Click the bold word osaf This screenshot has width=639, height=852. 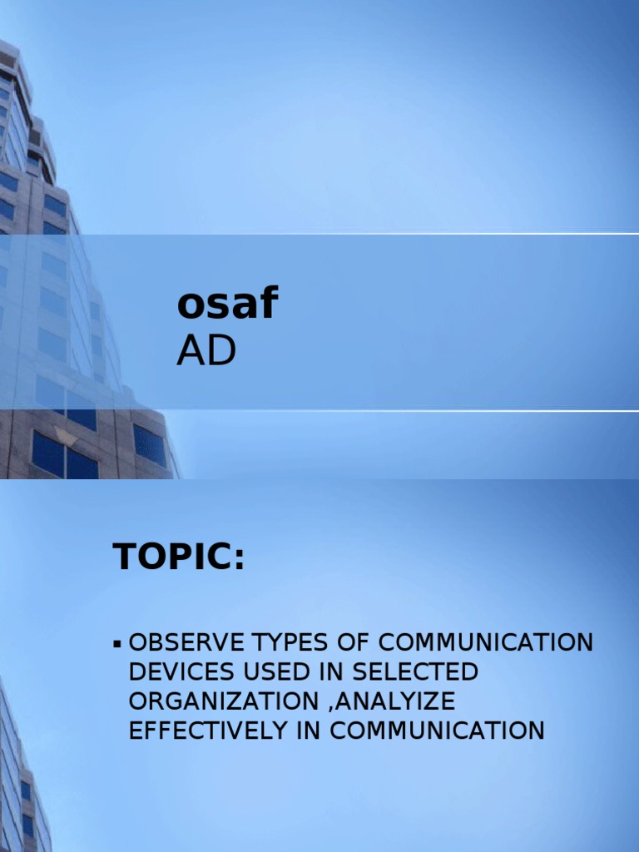point(225,305)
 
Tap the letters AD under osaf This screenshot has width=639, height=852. point(206,353)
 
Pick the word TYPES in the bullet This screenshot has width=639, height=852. point(281,642)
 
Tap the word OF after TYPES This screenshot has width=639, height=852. point(343,642)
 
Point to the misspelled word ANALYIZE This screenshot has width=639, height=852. point(386,701)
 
